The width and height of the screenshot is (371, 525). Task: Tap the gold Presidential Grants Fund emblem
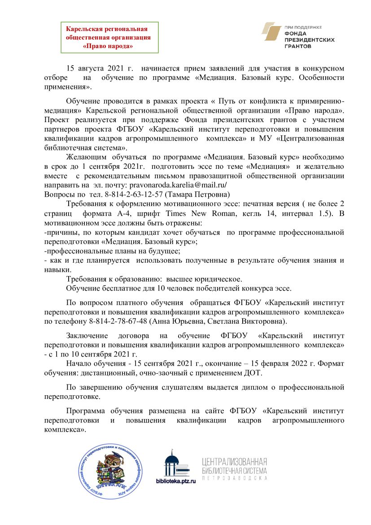(x=271, y=34)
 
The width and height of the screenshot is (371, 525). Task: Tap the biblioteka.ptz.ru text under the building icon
(x=176, y=481)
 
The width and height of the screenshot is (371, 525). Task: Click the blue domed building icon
(x=176, y=463)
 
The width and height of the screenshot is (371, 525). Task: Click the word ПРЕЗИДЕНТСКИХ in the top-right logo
(x=310, y=40)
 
